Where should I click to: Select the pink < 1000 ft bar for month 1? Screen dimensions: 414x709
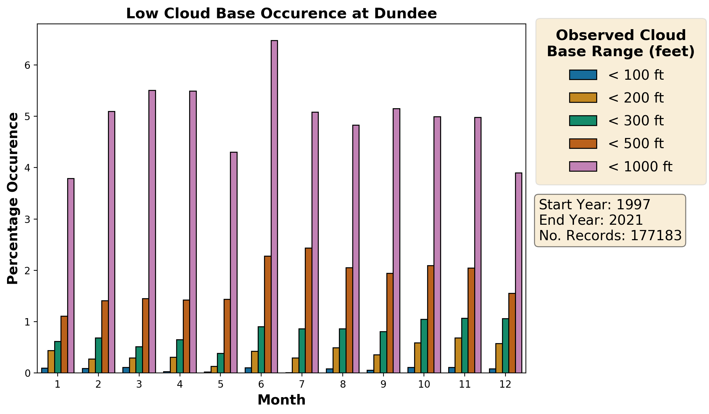[71, 276]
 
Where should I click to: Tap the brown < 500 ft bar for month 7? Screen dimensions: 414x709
[308, 310]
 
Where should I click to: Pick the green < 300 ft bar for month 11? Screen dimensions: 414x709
[465, 346]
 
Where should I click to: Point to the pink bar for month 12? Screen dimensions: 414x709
[518, 273]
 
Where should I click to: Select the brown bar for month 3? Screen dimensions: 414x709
[146, 336]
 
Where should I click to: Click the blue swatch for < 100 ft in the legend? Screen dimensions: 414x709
[583, 75]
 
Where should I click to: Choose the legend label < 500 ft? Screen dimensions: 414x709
[636, 144]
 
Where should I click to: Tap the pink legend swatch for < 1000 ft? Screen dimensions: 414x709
[583, 166]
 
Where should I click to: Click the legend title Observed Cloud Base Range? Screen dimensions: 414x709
[621, 44]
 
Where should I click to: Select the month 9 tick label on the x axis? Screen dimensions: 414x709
[383, 385]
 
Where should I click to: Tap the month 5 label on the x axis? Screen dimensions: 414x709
[220, 385]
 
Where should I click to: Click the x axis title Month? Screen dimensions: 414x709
[281, 400]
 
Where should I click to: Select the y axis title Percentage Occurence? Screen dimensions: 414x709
[13, 198]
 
